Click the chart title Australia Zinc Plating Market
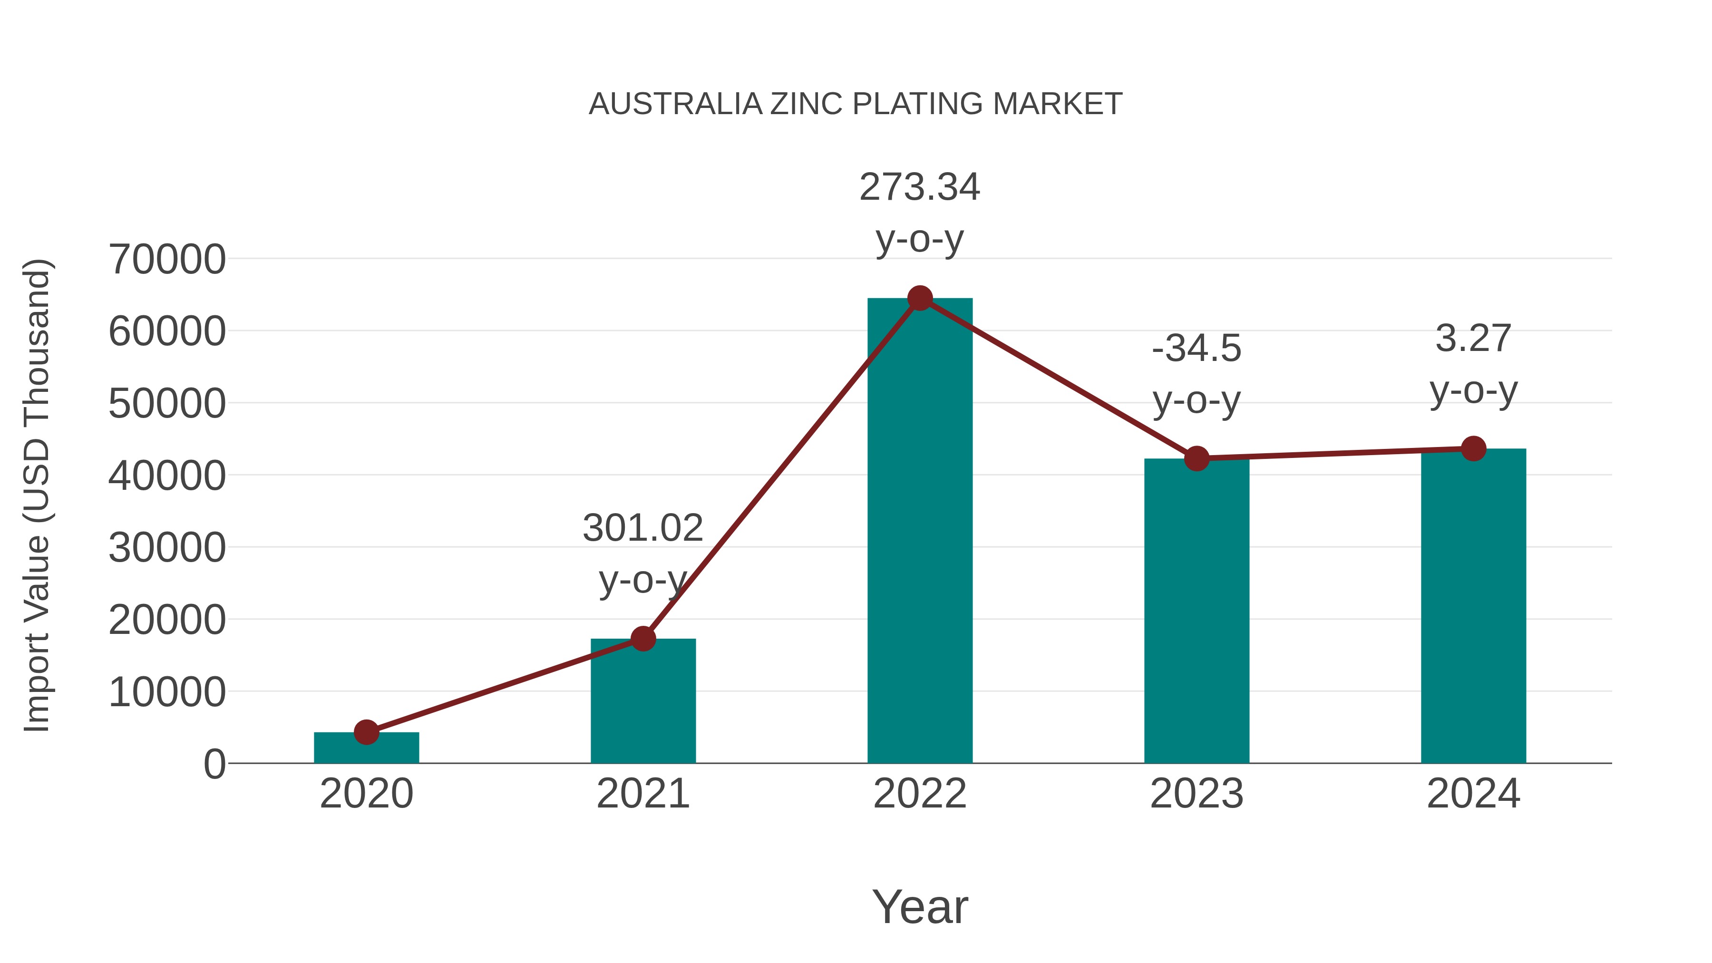coord(856,104)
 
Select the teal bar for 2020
coord(366,749)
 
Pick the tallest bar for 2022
coord(920,532)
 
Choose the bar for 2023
coord(1196,612)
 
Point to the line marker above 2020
coord(366,732)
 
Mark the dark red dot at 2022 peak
coord(920,298)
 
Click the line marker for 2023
coord(1196,458)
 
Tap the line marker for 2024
coord(1473,448)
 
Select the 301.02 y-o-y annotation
coord(642,553)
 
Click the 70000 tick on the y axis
coord(167,259)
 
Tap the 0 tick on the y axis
coord(214,764)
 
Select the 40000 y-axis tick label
coord(167,476)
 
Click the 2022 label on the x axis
coord(920,794)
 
